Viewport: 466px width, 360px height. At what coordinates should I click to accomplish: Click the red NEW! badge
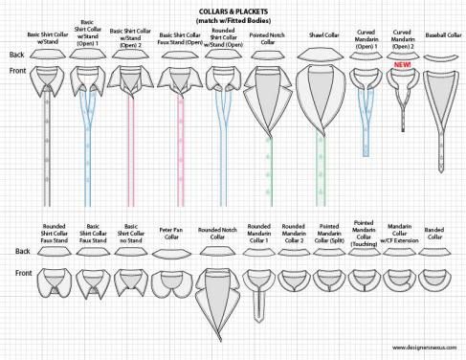[402, 63]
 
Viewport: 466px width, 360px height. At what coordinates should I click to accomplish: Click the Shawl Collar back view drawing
[321, 56]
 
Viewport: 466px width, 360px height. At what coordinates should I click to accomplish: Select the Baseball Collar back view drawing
[441, 59]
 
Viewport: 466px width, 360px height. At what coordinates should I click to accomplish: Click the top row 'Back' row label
[16, 55]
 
